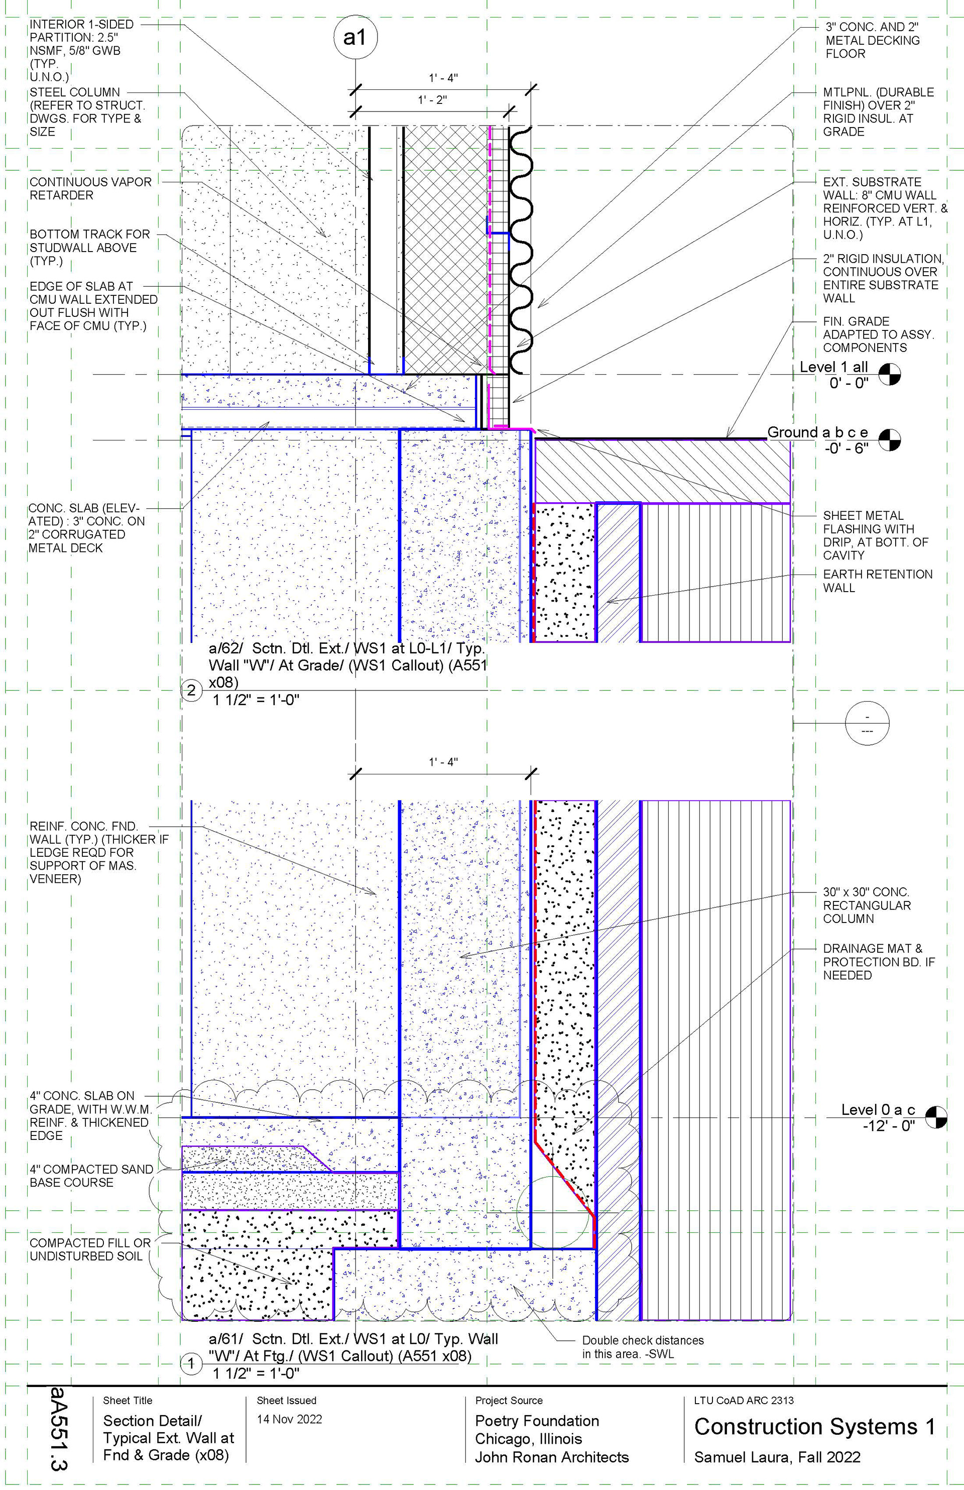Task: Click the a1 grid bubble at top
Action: [354, 38]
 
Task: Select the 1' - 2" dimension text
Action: [433, 99]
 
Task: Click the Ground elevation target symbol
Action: [890, 439]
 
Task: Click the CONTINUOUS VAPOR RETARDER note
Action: [90, 188]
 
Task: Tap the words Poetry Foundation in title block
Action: [536, 1421]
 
